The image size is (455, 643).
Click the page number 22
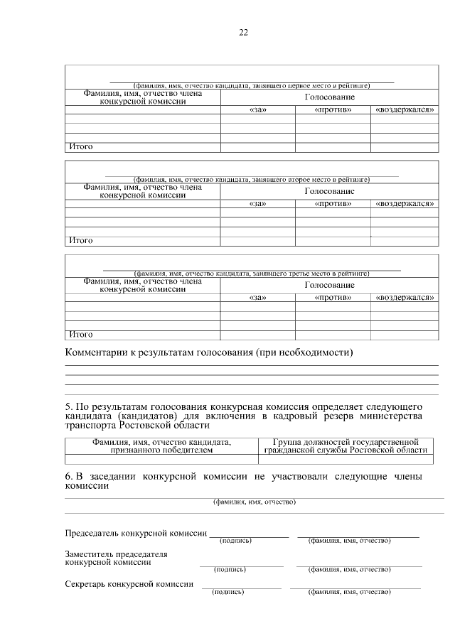click(x=244, y=33)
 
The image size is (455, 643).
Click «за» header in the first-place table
click(x=257, y=109)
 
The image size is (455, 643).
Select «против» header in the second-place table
click(x=333, y=204)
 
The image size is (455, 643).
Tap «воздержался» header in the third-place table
click(x=405, y=298)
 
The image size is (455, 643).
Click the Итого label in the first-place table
click(x=80, y=147)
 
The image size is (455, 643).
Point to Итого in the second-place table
click(x=80, y=241)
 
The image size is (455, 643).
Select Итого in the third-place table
click(x=80, y=334)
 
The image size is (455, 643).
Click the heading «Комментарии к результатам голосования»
click(x=209, y=353)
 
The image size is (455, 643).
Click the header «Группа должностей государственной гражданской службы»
click(x=346, y=446)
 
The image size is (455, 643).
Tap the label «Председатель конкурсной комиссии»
click(x=136, y=533)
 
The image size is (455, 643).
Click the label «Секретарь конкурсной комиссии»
click(x=129, y=584)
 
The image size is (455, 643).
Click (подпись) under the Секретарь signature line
click(x=229, y=591)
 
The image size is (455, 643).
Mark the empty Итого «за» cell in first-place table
click(x=257, y=147)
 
